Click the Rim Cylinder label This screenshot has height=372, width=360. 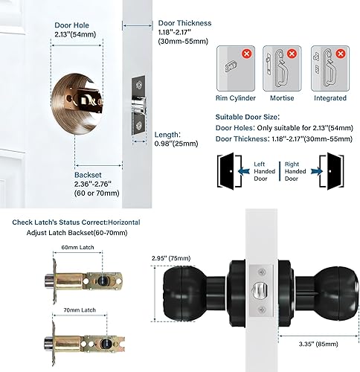pos(237,97)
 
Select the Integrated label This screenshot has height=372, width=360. pos(330,97)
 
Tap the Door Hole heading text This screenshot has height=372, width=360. pos(73,25)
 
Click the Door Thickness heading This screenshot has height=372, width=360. pos(184,23)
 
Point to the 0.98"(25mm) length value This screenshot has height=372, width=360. pos(177,144)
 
